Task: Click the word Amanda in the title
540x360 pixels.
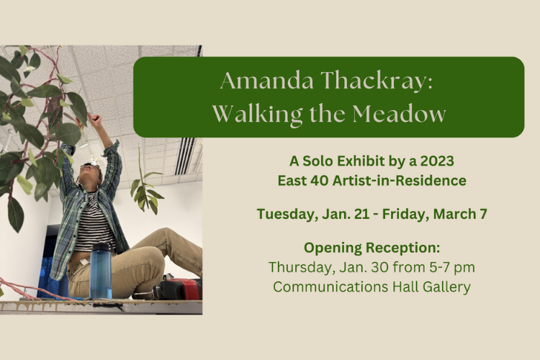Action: pos(267,81)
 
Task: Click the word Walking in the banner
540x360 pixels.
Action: pos(257,114)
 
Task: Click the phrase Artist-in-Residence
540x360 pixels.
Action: pos(400,181)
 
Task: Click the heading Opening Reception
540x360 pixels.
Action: pos(372,248)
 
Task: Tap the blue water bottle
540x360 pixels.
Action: pos(101,271)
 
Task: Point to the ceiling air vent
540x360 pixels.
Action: pos(185,156)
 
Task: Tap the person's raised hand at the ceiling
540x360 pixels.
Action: pos(96,120)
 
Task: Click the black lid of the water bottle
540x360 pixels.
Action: pos(101,247)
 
